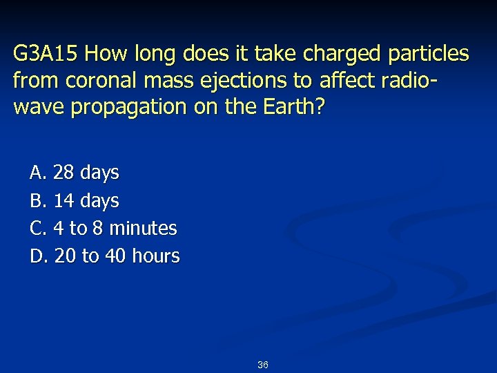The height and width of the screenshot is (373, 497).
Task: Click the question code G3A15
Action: (47, 54)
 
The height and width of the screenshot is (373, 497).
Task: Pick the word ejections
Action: (244, 81)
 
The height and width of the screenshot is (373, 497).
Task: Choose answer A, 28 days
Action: (75, 173)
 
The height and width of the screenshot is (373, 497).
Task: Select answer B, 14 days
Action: (75, 201)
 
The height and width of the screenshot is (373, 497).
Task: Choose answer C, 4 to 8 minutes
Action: (104, 228)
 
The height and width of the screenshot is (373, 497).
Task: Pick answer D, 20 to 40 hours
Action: (105, 256)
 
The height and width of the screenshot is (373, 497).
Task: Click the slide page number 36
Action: (262, 365)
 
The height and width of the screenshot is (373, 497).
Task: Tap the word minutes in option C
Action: (143, 228)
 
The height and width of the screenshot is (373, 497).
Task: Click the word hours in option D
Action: (154, 256)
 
